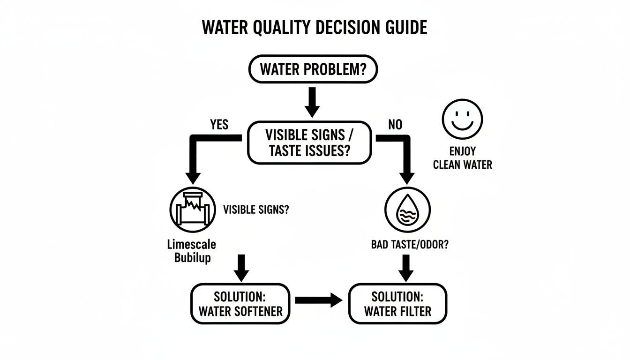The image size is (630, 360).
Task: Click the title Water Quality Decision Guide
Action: (315, 28)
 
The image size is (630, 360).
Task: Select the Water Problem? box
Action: (312, 70)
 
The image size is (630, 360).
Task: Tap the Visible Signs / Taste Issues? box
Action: (309, 143)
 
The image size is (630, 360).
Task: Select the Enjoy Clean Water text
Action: (462, 158)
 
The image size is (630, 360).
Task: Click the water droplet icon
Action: (407, 211)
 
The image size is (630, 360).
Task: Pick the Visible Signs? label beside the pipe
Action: (256, 210)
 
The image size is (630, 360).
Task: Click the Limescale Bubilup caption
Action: (192, 251)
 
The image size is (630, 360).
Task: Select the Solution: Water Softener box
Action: (240, 304)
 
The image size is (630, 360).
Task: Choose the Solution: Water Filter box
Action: (397, 304)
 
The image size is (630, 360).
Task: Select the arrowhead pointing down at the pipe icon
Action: (191, 177)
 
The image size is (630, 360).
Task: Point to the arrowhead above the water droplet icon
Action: (406, 177)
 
